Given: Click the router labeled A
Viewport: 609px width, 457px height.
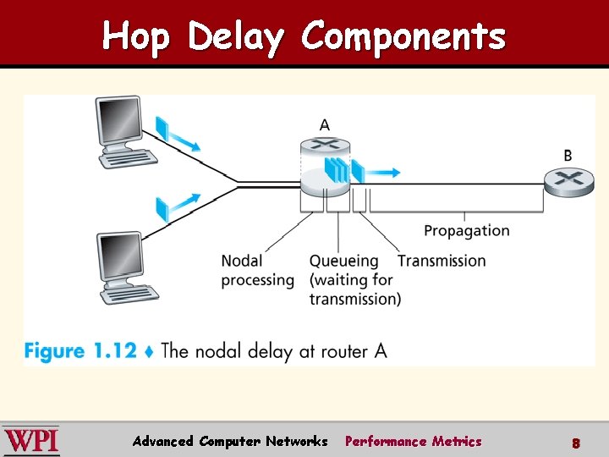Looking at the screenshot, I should coord(324,166).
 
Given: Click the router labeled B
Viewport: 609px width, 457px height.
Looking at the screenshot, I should coord(568,180).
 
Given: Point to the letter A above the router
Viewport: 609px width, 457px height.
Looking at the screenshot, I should coord(325,125).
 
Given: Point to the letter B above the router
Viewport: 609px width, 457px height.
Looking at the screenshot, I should coord(568,156).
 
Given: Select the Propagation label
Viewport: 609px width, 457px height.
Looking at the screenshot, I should coord(467,230).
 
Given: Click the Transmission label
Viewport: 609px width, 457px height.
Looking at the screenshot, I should coord(442,261).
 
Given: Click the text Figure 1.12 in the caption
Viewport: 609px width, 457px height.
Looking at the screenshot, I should coord(80,350).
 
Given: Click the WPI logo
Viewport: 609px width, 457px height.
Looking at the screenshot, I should coord(30,441).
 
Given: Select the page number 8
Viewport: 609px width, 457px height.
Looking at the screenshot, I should coord(575,442).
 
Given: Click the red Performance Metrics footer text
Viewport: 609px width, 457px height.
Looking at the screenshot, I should coord(413,441).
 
